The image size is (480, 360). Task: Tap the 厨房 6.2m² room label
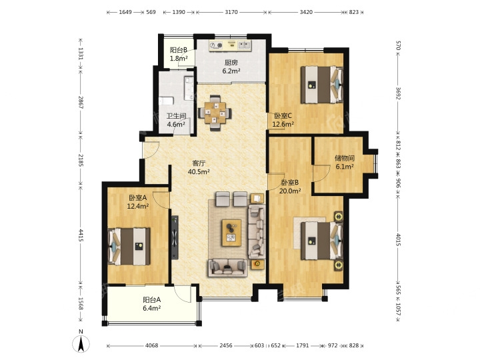pyautogui.click(x=231, y=67)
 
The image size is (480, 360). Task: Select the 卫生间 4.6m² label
pyautogui.click(x=176, y=120)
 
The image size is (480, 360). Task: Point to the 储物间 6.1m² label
pyautogui.click(x=345, y=162)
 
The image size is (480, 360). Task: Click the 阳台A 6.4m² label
pyautogui.click(x=152, y=304)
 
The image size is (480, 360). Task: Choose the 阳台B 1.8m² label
pyautogui.click(x=179, y=54)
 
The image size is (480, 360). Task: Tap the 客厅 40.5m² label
pyautogui.click(x=199, y=167)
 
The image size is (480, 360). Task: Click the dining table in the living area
pyautogui.click(x=215, y=113)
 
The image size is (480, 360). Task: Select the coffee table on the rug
pyautogui.click(x=231, y=233)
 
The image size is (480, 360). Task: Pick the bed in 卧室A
pyautogui.click(x=129, y=247)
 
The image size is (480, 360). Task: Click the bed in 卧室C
pyautogui.click(x=322, y=85)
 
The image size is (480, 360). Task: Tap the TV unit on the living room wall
pyautogui.click(x=175, y=237)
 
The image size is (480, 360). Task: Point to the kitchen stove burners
pyautogui.click(x=216, y=45)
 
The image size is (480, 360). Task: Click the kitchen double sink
pyautogui.click(x=244, y=45)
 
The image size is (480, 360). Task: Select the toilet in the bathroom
pyautogui.click(x=166, y=101)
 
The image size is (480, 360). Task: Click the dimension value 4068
pyautogui.click(x=152, y=345)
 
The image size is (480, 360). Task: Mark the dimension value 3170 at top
pyautogui.click(x=231, y=12)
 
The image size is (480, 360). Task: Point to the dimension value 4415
pyautogui.click(x=81, y=235)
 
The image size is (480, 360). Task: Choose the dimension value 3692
pyautogui.click(x=398, y=93)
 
